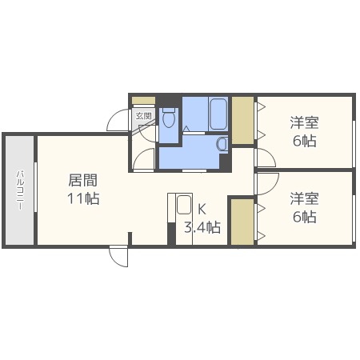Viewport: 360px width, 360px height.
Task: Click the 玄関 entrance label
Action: click(143, 116)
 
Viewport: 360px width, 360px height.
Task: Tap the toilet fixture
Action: click(168, 118)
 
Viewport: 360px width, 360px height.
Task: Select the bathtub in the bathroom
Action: click(218, 114)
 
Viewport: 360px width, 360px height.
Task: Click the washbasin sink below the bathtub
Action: click(222, 143)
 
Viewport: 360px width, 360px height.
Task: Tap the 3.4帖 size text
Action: click(202, 228)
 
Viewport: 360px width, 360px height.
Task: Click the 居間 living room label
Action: click(82, 181)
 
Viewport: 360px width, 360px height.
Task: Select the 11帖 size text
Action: click(82, 198)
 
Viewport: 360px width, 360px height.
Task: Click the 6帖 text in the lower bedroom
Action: click(304, 216)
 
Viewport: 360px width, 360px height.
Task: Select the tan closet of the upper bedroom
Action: click(242, 120)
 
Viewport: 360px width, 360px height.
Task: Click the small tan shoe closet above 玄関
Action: click(143, 99)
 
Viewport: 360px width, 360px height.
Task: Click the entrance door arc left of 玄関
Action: click(119, 118)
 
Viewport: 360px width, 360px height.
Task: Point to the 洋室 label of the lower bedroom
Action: click(304, 198)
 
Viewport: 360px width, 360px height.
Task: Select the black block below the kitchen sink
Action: click(170, 234)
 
